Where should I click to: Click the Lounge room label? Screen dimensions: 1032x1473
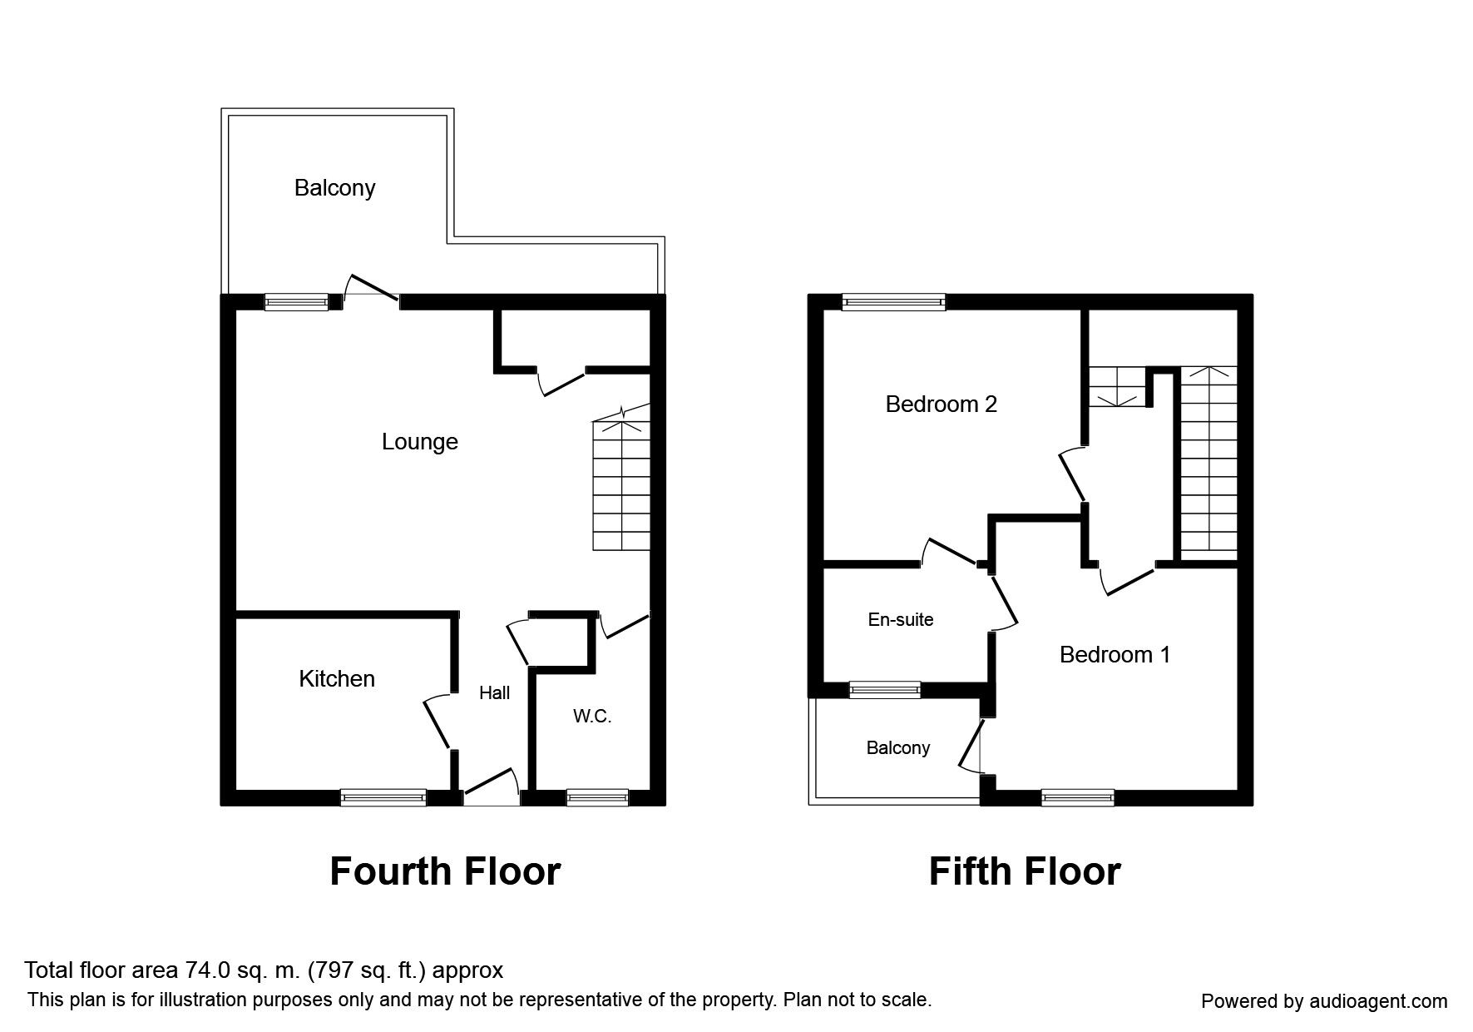(x=419, y=441)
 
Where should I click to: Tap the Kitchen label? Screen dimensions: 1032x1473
(x=337, y=678)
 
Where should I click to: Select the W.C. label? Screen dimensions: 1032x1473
(x=592, y=716)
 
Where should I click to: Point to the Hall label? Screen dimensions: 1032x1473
(x=494, y=692)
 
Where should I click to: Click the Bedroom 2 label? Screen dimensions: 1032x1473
(x=941, y=404)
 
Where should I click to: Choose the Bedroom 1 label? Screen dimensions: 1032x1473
(x=1115, y=655)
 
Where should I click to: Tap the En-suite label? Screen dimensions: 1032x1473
(x=900, y=619)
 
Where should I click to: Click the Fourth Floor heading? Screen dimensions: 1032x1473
(x=445, y=871)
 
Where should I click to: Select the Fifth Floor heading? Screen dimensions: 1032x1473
(x=1024, y=871)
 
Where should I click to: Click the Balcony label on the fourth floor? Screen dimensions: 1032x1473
(x=334, y=188)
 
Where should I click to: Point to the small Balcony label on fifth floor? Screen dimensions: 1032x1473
(x=897, y=747)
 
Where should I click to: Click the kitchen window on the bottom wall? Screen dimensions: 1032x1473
(x=383, y=797)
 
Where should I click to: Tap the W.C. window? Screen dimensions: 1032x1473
(x=597, y=797)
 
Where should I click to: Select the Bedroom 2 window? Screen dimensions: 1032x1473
(x=893, y=302)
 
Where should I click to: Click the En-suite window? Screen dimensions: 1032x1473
(x=884, y=689)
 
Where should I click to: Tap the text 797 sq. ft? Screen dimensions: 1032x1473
(x=367, y=970)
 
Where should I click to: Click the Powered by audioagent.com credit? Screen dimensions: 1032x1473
(x=1324, y=1001)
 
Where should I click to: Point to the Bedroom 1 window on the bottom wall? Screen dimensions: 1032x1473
(x=1077, y=797)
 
